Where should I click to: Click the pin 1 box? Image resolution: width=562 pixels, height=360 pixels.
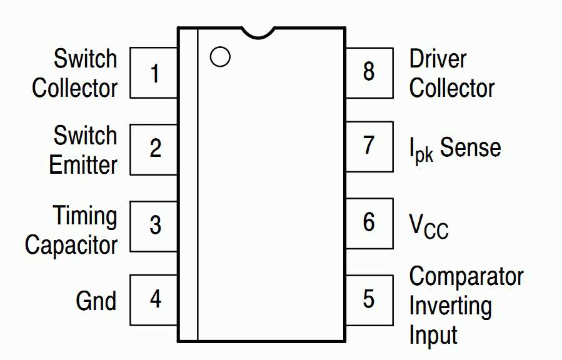(x=154, y=73)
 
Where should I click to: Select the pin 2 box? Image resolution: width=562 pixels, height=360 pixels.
(x=154, y=149)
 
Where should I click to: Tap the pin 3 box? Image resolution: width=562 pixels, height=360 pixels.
(x=154, y=225)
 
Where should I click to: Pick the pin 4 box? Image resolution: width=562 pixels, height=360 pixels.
(x=154, y=300)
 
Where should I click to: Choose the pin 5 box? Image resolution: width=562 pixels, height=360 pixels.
(x=369, y=299)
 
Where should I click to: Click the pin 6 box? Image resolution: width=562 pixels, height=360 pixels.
(x=369, y=222)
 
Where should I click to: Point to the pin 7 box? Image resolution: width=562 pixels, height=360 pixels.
(x=369, y=146)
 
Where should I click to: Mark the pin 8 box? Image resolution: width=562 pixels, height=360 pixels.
(x=369, y=72)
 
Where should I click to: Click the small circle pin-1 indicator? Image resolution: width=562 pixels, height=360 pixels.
(x=220, y=57)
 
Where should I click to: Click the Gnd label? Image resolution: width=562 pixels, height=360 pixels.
(x=96, y=301)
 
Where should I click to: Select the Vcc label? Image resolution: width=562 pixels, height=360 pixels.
(x=429, y=225)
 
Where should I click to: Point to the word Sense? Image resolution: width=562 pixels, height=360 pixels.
(x=470, y=148)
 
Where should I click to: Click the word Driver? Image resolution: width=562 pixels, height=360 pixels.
(x=438, y=59)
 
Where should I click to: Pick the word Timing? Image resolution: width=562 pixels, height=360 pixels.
(x=85, y=216)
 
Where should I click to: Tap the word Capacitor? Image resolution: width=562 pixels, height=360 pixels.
(x=71, y=245)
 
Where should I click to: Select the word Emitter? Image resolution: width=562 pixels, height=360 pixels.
(x=83, y=165)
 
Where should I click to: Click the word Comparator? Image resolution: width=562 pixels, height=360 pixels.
(x=466, y=276)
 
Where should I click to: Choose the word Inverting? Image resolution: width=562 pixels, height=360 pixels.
(x=450, y=306)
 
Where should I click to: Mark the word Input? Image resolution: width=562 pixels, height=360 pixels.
(x=433, y=335)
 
